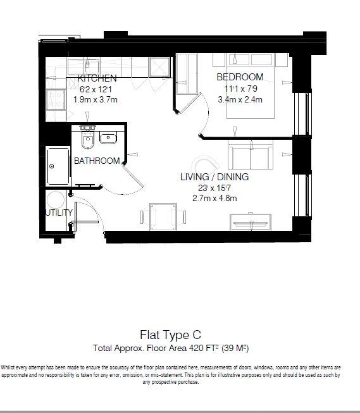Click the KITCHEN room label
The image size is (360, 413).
[x=97, y=78]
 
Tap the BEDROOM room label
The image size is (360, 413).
[x=240, y=77]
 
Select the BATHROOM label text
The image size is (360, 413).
[x=97, y=161]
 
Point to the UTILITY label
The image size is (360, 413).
[x=59, y=213]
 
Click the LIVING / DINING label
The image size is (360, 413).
[x=214, y=176]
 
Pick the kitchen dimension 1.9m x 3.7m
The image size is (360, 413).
[x=96, y=99]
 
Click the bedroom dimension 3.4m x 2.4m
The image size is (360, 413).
[x=240, y=99]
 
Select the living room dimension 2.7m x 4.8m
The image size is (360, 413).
[x=214, y=198]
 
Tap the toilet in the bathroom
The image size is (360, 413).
[x=87, y=139]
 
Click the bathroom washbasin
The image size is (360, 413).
[x=108, y=138]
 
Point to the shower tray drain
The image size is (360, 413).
[x=52, y=166]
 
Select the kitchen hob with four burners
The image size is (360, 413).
[x=55, y=99]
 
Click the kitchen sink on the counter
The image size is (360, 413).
[x=88, y=66]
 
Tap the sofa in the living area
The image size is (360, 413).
[x=251, y=155]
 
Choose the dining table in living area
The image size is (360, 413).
[x=163, y=216]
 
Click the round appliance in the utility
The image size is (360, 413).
[x=56, y=200]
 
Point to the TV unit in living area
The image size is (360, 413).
[x=251, y=222]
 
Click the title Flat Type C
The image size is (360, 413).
[x=171, y=335]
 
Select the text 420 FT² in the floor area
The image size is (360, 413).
[x=204, y=348]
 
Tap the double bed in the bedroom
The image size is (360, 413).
[x=251, y=86]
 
